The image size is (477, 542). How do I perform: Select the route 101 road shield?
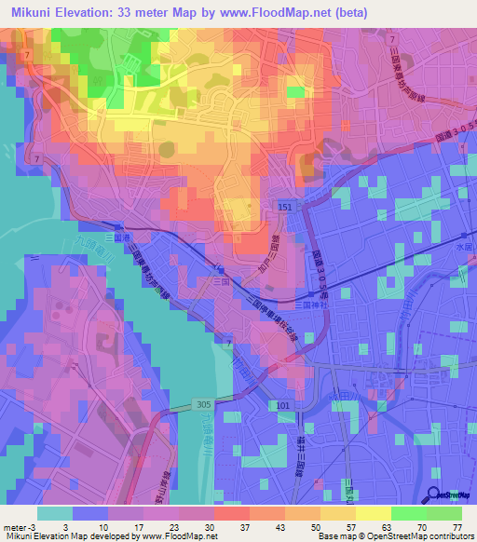point(283,405)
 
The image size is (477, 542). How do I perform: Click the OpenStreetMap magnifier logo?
point(433,495)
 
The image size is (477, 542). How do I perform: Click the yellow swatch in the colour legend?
point(372,512)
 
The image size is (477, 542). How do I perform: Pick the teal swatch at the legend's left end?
point(54,512)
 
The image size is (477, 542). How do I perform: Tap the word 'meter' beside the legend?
point(15,525)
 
